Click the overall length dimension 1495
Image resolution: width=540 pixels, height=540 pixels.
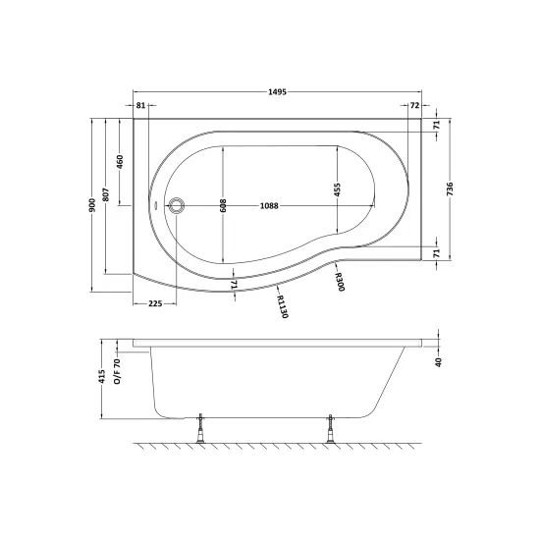pos(277,92)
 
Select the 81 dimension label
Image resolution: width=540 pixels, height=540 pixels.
pos(140,105)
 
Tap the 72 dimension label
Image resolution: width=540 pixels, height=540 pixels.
pos(415,105)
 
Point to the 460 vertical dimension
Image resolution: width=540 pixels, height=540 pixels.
pos(120,162)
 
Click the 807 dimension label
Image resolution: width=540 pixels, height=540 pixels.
pos(106,195)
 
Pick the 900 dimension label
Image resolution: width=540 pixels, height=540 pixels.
pos(92,205)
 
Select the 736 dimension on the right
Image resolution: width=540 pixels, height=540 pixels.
pos(450,189)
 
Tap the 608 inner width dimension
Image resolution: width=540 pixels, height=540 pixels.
pos(223,205)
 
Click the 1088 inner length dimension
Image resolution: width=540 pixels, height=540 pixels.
pos(269,206)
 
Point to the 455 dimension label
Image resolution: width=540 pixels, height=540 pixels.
pos(337,189)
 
